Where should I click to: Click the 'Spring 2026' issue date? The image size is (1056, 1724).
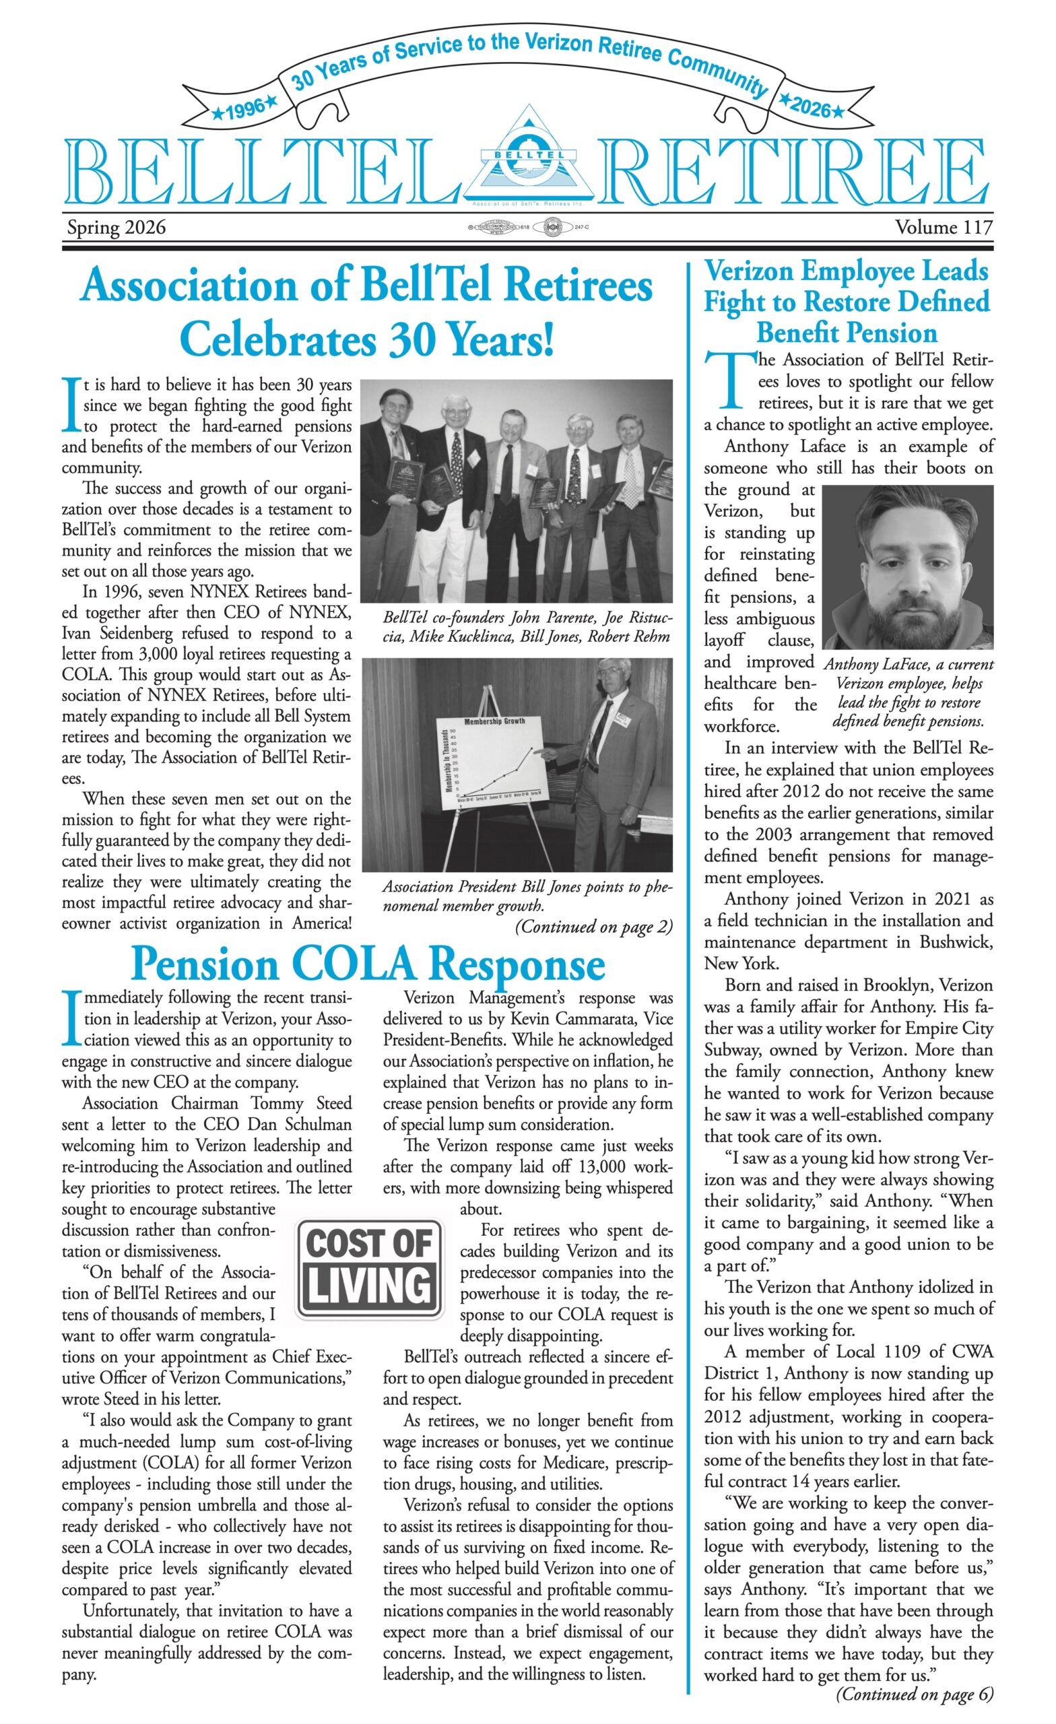click(x=116, y=228)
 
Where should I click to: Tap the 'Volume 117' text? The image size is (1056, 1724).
click(x=943, y=228)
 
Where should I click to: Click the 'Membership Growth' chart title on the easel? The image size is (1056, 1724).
click(x=494, y=721)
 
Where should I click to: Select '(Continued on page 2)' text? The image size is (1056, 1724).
click(x=593, y=927)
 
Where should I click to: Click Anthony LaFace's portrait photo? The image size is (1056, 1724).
click(x=908, y=567)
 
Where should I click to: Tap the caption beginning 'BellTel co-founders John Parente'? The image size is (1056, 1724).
click(x=527, y=627)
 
